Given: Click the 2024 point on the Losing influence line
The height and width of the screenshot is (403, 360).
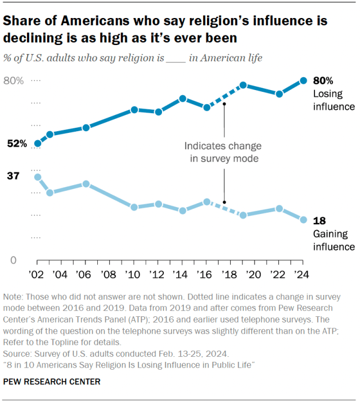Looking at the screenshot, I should pos(303,80).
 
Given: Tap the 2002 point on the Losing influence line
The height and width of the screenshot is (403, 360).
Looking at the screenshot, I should pos(37,144).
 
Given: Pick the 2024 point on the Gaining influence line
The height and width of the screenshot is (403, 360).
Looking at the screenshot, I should pos(303,220).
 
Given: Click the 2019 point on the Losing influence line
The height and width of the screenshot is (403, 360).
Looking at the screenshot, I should pos(243,85).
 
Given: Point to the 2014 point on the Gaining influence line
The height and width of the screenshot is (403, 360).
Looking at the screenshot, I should pos(183,211).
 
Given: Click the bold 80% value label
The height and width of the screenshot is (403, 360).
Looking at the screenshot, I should pos(323,80).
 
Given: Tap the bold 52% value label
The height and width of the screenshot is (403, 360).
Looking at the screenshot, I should pos(17,144).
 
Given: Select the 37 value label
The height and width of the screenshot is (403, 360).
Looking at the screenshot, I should pos(13,176).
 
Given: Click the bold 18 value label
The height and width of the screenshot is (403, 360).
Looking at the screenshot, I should pos(319,221).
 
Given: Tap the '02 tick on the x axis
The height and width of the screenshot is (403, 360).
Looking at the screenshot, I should pos(37,275).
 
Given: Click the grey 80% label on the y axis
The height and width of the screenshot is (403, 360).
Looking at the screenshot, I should pos(14,81).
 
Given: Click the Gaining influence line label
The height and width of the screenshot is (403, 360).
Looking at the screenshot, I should pos(333,240).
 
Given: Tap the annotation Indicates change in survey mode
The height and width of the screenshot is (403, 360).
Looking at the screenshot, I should pos(223,152).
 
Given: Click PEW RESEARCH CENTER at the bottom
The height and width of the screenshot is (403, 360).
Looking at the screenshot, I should pos(52,382).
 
